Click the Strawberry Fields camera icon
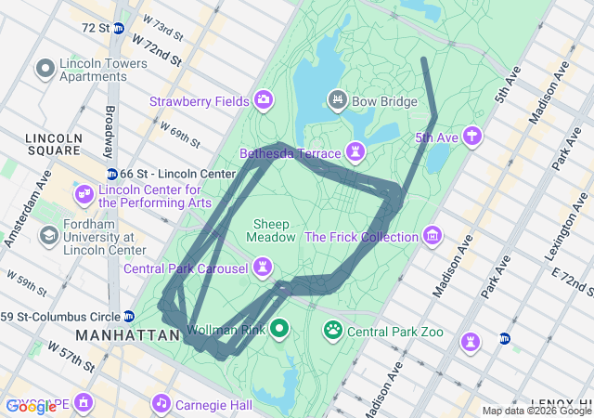[264, 99]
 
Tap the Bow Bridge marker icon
[338, 98]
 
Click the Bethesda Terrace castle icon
[355, 151]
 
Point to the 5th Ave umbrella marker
[473, 137]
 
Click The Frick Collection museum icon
[432, 236]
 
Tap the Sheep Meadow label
[270, 230]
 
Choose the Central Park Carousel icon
[264, 269]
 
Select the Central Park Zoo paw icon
[333, 331]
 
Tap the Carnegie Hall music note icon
[161, 404]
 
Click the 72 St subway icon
[118, 28]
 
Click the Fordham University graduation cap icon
[47, 237]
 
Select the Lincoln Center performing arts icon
[84, 194]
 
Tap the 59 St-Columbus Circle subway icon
[129, 316]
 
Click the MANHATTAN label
[127, 334]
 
